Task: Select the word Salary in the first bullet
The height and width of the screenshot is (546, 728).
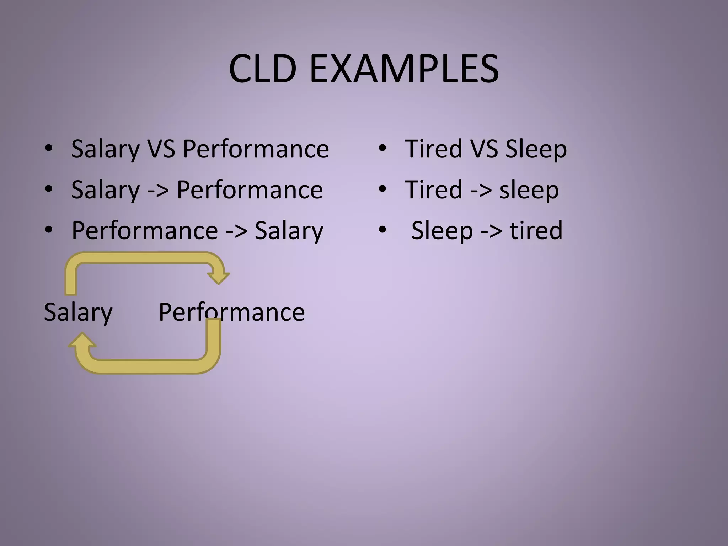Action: [106, 149]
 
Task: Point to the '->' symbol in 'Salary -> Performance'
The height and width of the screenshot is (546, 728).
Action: [158, 191]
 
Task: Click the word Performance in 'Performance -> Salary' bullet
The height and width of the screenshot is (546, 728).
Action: [145, 230]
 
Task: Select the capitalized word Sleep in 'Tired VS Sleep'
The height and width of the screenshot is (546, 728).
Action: [536, 149]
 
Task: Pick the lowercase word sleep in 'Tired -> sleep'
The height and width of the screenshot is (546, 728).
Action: [529, 191]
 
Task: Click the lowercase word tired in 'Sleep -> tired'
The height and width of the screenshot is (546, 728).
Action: [536, 230]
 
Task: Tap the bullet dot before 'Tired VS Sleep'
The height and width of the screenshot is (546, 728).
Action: [382, 148]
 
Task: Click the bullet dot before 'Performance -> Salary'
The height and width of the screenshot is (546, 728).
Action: [49, 230]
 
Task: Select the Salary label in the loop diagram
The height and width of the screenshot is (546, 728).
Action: [78, 312]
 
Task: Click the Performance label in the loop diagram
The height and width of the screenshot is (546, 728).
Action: [231, 312]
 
